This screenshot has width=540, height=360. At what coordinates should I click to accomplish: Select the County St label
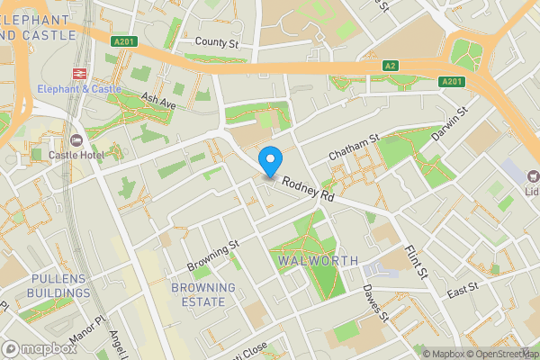(217, 42)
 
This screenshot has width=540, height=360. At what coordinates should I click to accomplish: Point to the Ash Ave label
(158, 98)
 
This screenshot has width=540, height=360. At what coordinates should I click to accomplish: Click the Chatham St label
(349, 148)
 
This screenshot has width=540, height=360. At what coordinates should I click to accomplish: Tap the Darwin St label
(450, 126)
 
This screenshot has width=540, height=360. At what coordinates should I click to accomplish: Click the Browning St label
(213, 256)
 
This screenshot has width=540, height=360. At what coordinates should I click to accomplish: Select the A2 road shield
(390, 66)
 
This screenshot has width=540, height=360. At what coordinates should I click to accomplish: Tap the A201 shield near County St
(126, 40)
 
